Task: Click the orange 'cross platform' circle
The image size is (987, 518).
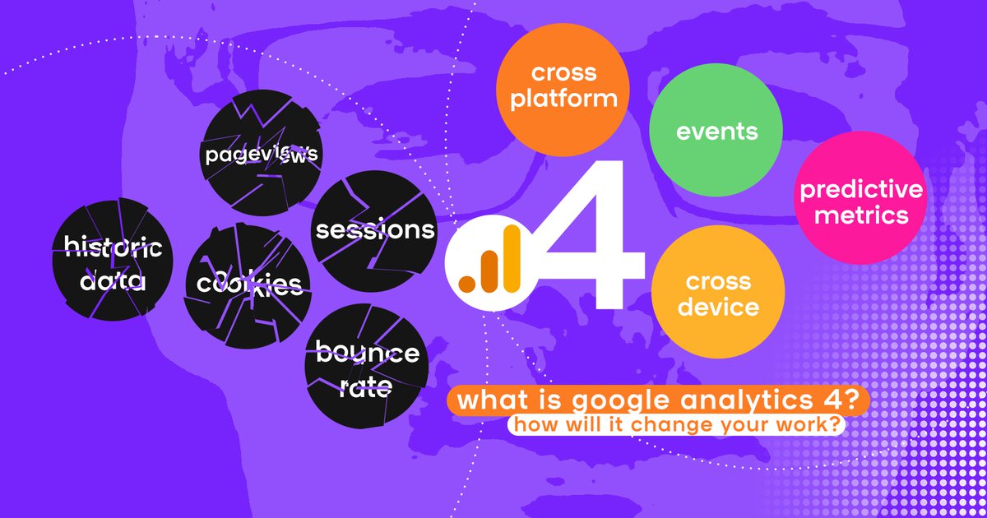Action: (563, 86)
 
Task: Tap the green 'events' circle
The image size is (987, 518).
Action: (716, 132)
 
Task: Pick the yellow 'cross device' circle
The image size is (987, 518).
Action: (718, 294)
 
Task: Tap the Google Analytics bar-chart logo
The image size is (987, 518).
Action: (490, 259)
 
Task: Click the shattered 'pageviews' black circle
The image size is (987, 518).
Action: (261, 155)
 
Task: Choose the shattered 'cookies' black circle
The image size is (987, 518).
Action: (248, 284)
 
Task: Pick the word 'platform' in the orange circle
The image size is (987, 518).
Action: (563, 99)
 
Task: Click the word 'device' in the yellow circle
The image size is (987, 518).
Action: (718, 308)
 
